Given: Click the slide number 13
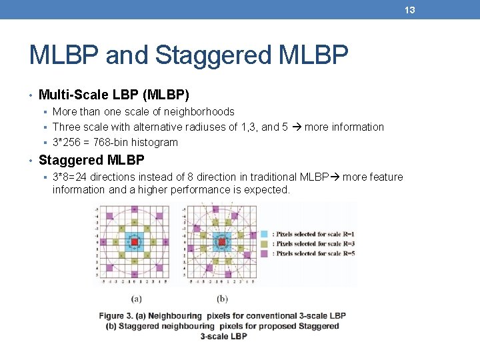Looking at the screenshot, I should (x=409, y=9).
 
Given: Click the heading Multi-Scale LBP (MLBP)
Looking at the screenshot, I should (x=114, y=95).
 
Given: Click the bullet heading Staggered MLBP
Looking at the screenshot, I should (x=91, y=160).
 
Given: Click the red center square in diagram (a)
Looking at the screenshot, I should (x=134, y=242).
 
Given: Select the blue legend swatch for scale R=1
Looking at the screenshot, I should (x=264, y=234).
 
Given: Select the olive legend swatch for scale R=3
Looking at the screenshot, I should (x=264, y=243).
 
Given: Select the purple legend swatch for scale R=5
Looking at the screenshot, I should (x=264, y=253).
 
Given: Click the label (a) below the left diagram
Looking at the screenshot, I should (x=135, y=299).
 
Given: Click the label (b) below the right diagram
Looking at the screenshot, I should (x=222, y=299).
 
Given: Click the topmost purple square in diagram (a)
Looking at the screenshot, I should (x=134, y=209).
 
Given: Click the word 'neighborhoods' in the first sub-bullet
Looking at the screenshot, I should (x=201, y=111).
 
